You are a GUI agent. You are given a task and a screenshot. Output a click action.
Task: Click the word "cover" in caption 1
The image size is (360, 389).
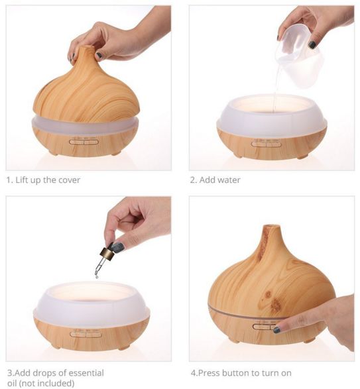pos(68,180)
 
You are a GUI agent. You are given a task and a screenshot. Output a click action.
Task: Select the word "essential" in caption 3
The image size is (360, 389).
pos(86,373)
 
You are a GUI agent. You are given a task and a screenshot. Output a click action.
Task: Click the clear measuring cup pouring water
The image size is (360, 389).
pos(300,56)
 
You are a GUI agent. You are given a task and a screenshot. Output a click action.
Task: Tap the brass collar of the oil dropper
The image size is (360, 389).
pos(107,252)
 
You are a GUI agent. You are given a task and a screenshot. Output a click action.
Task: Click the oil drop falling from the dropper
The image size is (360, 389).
pos(96,276)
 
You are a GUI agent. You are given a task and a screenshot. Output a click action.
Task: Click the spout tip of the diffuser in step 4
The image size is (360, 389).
pos(272,226)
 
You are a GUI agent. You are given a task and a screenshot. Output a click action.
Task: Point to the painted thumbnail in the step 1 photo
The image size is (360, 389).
pos(99,55)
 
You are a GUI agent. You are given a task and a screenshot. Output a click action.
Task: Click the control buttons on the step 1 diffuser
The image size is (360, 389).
pos(84,142)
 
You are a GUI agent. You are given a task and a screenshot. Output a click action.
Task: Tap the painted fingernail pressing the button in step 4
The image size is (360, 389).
pos(277,330)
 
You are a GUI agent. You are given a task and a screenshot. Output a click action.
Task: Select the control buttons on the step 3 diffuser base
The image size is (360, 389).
pos(86,335)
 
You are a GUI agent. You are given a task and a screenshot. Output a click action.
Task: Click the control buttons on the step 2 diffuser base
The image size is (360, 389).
pos(267,144)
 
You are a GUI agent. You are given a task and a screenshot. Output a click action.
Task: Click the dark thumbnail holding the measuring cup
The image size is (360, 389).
pos(312,44)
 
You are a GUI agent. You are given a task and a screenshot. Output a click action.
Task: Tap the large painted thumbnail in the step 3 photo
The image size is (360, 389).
pos(118,247)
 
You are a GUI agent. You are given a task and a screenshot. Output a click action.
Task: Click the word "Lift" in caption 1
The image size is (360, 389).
pos(22,180)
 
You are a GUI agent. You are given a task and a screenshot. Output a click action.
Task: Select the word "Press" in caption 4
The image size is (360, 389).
pos(209,373)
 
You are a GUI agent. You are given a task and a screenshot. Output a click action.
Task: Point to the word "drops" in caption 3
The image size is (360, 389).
pos(56,374)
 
